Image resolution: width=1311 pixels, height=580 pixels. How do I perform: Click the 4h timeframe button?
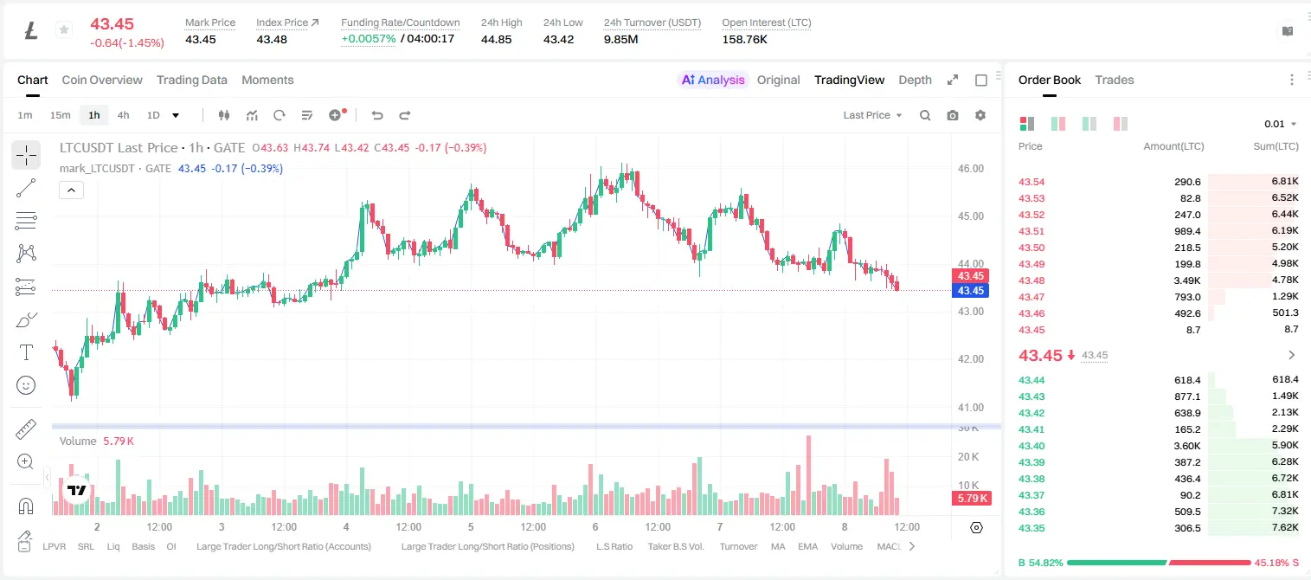[123, 115]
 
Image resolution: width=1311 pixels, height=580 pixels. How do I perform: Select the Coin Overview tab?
[102, 81]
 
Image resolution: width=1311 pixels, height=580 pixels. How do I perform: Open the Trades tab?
[1115, 81]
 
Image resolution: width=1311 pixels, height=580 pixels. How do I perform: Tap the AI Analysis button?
[713, 81]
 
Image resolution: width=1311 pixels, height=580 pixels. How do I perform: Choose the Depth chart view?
[915, 81]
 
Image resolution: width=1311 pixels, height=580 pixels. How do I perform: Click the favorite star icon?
[64, 29]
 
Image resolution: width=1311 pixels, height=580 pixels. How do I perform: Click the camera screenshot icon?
[953, 115]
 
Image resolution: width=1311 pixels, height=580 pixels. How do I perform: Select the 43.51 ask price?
[1031, 231]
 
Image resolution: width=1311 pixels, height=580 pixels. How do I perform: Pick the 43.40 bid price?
[1031, 446]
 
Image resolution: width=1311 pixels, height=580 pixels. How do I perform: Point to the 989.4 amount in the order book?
[1187, 231]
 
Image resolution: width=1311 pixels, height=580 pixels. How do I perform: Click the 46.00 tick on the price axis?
[970, 169]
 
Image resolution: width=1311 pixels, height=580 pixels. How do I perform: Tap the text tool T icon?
[26, 352]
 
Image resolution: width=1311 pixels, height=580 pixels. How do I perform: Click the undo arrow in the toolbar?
[377, 115]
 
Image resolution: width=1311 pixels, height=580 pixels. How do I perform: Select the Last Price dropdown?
[872, 115]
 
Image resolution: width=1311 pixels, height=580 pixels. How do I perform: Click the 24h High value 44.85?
[497, 39]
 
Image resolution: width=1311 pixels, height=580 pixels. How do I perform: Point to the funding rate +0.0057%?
[369, 39]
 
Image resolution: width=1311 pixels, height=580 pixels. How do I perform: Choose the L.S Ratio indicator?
[614, 546]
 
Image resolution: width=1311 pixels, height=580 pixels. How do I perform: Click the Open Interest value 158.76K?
[744, 39]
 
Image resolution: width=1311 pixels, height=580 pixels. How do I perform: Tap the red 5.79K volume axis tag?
[971, 498]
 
